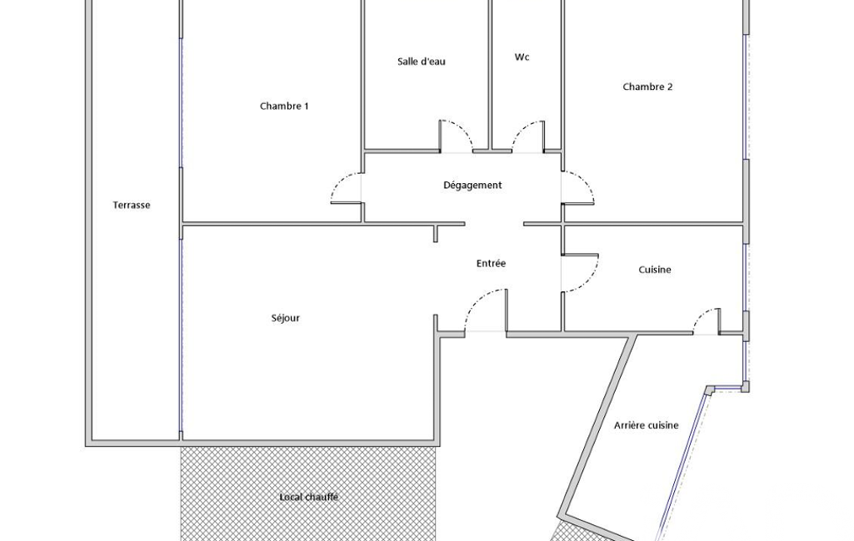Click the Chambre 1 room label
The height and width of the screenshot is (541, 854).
click(284, 107)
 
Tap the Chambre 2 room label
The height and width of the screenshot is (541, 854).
click(647, 87)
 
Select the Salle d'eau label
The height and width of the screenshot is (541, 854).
click(421, 62)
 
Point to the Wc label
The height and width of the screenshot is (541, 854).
click(522, 57)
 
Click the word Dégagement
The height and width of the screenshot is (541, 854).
click(472, 185)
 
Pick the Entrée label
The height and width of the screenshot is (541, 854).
click(491, 263)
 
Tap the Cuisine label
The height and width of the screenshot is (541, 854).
click(655, 270)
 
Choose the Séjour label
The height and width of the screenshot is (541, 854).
click(286, 318)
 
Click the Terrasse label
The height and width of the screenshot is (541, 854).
click(132, 206)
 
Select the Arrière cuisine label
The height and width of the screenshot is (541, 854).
click(646, 425)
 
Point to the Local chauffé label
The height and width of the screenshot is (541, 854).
click(309, 497)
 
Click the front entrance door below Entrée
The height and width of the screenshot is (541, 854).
click(477, 301)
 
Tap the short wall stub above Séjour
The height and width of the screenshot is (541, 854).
click(435, 233)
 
